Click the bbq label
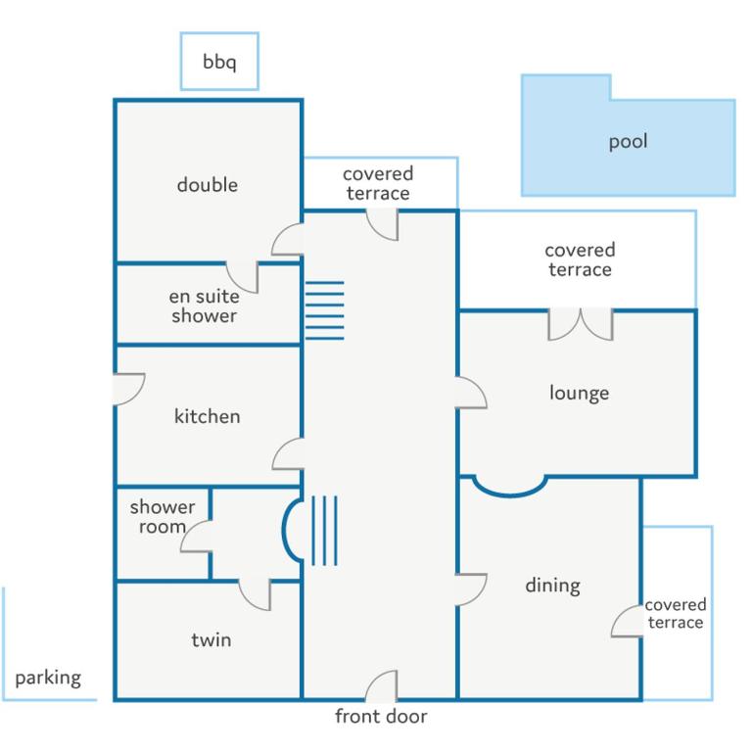219,63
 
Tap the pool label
628,141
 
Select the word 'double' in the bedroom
208,185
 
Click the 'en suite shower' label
205,305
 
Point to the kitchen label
208,416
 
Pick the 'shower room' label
163,517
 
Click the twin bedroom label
211,639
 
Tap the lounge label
579,393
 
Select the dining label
552,586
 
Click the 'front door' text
381,716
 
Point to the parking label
48,679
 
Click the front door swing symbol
382,685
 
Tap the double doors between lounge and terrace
581,325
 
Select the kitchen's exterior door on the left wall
129,389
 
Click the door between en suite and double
242,277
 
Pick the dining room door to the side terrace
628,621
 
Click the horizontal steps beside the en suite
325,310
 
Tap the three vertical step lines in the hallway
325,531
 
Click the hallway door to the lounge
471,393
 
